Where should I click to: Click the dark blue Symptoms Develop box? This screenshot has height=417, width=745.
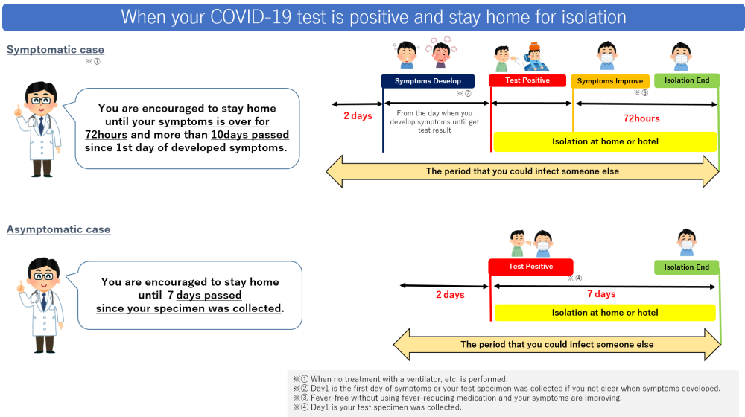point(428,81)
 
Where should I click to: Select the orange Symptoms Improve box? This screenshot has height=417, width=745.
point(610,81)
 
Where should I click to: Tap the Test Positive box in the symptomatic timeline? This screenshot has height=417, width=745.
point(528,80)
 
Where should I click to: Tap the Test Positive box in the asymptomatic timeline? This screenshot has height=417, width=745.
point(530,267)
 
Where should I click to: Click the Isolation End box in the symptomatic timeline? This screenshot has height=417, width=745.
point(687,80)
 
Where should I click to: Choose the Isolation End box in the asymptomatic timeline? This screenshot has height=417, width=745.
point(687,267)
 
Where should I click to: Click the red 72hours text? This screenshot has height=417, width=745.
point(641,118)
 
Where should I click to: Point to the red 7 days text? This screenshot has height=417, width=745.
point(601,294)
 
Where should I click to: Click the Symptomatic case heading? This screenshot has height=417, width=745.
point(55,50)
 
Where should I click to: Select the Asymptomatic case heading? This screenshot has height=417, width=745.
point(58,229)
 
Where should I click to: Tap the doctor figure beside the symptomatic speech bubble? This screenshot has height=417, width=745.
point(39,130)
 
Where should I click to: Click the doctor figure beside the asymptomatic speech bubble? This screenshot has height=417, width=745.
point(42,305)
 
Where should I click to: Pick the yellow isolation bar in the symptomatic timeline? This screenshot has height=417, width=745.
point(605,141)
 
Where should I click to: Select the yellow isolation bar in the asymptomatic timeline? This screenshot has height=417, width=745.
point(605,313)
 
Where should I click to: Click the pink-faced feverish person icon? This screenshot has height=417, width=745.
point(440,53)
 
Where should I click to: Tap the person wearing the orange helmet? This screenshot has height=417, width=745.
point(536,57)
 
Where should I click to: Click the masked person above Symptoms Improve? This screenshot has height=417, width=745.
point(606,55)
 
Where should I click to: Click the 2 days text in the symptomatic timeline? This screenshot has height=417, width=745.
point(358,116)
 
